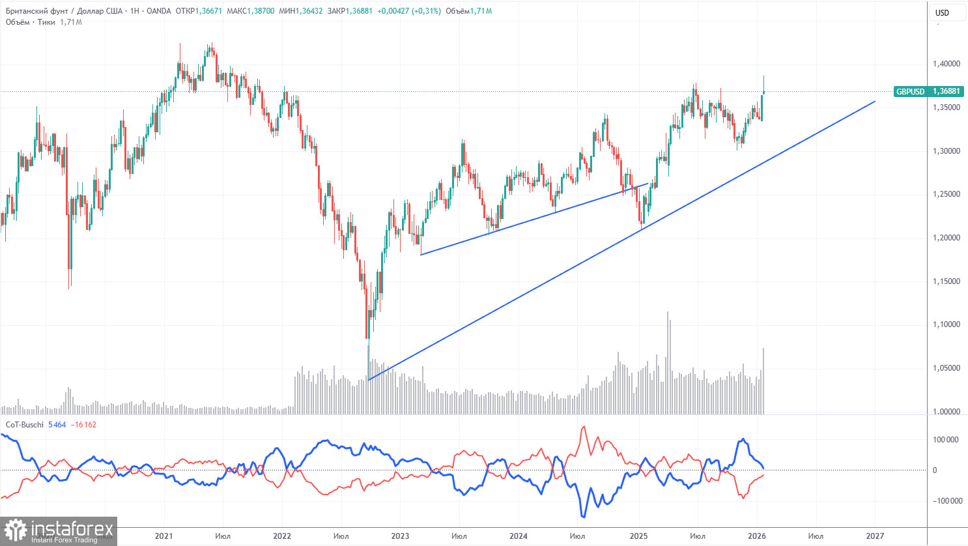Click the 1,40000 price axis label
pyautogui.click(x=946, y=64)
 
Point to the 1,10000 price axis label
pyautogui.click(x=946, y=324)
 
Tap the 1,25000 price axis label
pyautogui.click(x=946, y=194)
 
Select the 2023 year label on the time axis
pyautogui.click(x=400, y=536)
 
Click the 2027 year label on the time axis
pyautogui.click(x=875, y=536)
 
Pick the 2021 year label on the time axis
pyautogui.click(x=164, y=536)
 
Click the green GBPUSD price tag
pyautogui.click(x=928, y=92)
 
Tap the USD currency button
pyautogui.click(x=942, y=12)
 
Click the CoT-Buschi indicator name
pyautogui.click(x=24, y=425)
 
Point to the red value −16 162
pyautogui.click(x=84, y=425)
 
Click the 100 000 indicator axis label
pyautogui.click(x=946, y=440)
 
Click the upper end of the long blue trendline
pyautogui.click(x=875, y=102)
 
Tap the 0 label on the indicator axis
pyautogui.click(x=935, y=470)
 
